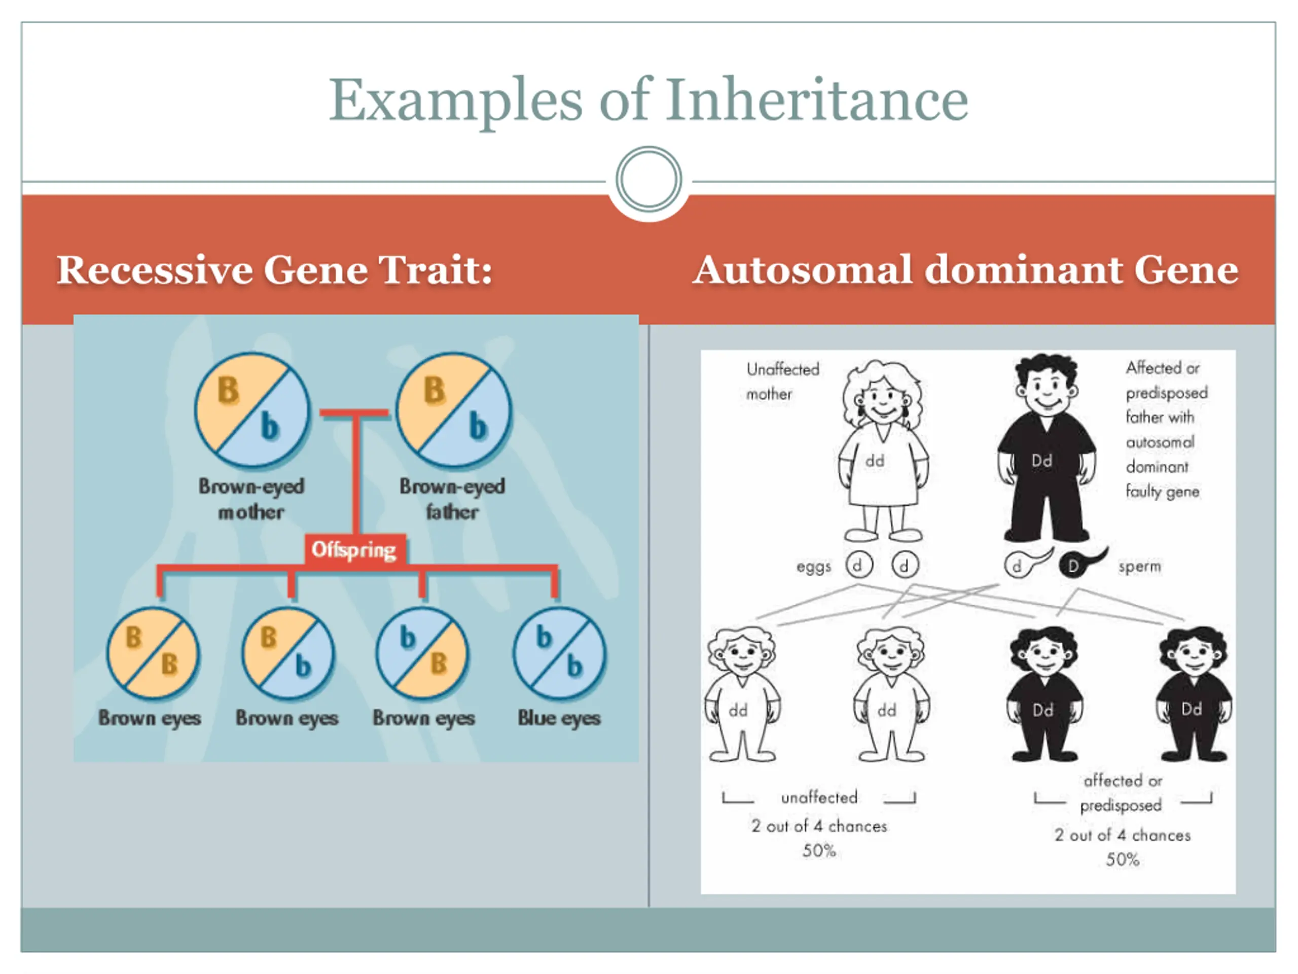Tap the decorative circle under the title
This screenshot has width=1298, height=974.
648,179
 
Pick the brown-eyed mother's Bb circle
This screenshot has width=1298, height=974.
253,409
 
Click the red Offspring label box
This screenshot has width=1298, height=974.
354,550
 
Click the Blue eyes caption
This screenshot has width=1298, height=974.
559,718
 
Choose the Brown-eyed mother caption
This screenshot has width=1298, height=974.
251,499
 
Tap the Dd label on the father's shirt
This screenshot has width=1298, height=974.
1041,461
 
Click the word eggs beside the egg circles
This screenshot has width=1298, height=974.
813,567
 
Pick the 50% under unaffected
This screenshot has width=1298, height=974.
819,850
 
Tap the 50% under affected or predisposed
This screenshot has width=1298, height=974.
1123,859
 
